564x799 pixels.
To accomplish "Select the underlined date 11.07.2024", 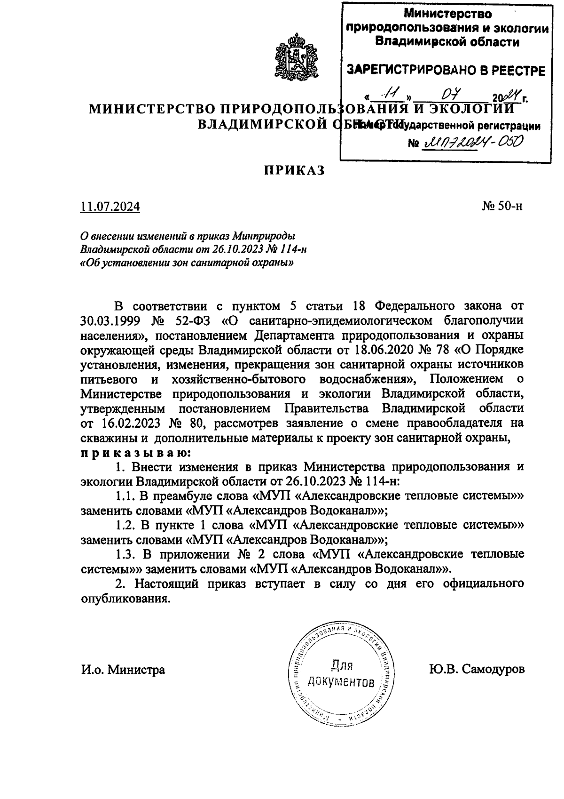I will tap(110, 207).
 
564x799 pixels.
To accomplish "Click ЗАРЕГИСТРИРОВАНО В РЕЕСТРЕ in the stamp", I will tap(446, 71).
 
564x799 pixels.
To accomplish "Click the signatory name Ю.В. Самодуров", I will tap(476, 669).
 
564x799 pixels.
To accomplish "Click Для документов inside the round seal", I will tap(342, 673).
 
